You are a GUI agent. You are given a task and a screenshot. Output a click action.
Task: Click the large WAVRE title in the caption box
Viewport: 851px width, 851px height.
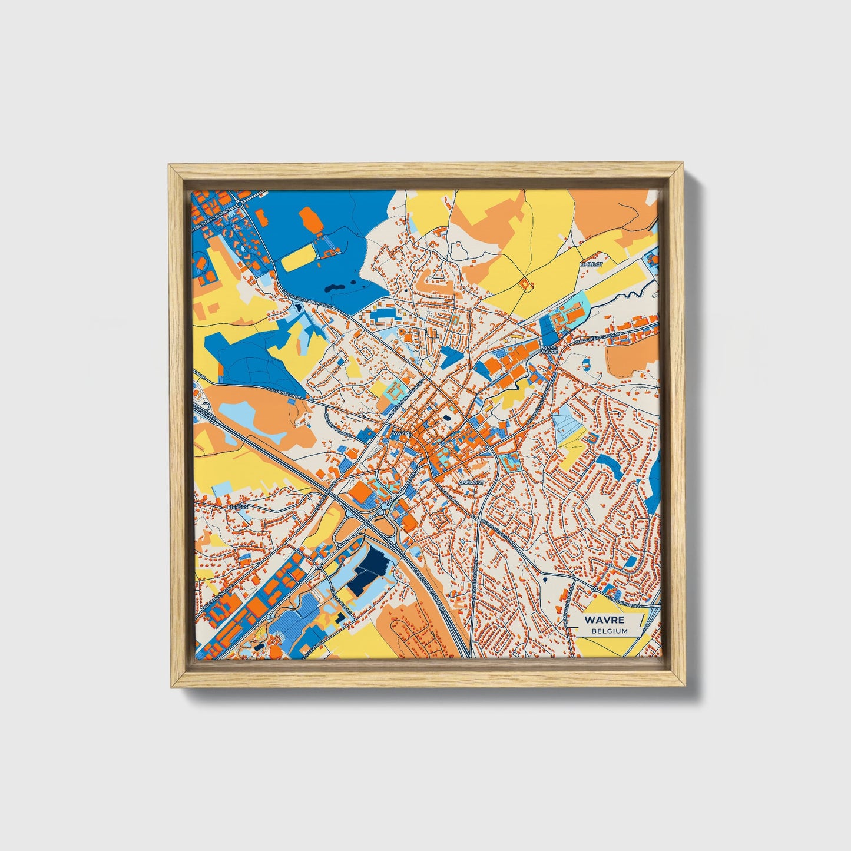coord(604,620)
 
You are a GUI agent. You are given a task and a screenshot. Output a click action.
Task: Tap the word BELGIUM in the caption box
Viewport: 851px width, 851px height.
coord(610,631)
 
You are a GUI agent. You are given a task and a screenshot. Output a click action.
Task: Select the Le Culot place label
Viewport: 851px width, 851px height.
coord(592,264)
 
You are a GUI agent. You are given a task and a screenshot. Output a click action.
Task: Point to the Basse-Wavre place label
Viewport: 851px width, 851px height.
coord(548,349)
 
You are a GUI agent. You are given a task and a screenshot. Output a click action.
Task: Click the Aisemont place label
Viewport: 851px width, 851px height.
coord(471,482)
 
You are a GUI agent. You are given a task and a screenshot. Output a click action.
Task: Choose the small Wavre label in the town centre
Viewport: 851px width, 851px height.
coord(400,433)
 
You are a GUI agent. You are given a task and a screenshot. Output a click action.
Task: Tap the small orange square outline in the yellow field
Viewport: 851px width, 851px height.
coord(525,284)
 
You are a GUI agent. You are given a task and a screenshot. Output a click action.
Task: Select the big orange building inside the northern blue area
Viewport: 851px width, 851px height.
coord(310,221)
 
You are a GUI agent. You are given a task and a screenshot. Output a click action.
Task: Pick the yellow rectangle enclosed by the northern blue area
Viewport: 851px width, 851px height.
coord(299,258)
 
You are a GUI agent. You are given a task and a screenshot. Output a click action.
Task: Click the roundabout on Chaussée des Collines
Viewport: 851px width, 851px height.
coord(241,204)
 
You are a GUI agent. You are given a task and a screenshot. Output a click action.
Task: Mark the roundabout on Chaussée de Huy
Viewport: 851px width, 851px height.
coord(595,588)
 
